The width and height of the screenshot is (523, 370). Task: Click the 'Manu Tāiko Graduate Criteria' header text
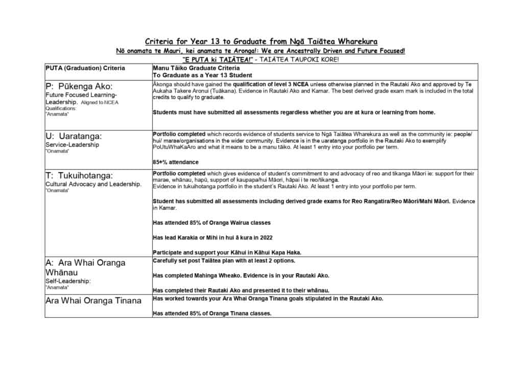(196, 68)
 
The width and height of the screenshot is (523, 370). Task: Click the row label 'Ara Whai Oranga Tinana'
(93, 300)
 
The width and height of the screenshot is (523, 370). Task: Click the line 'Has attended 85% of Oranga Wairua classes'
(212, 223)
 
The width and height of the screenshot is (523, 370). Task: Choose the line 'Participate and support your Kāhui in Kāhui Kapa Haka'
(227, 252)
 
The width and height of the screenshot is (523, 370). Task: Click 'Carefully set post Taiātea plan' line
(224, 261)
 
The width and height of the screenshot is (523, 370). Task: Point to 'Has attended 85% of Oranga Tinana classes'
(212, 313)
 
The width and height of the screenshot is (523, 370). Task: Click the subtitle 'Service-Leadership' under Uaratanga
(72, 145)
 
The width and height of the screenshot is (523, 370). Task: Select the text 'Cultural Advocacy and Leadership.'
(93, 184)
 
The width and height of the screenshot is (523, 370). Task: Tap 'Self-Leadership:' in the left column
(68, 281)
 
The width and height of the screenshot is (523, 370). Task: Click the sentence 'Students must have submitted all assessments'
(294, 112)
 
